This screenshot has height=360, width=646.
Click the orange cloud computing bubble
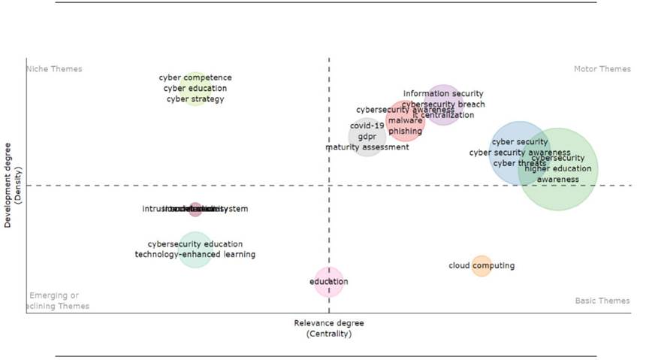[x=481, y=265]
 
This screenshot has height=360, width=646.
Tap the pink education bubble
[x=329, y=282]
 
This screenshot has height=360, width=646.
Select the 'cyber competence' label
[x=195, y=77]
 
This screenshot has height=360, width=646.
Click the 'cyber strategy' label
[x=195, y=99]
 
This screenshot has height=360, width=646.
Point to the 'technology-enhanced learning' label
[x=195, y=255]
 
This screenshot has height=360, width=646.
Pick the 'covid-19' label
[x=367, y=126]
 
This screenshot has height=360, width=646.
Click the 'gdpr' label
[x=367, y=137]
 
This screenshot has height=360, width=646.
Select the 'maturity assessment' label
[x=367, y=147]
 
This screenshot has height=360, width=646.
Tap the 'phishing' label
[x=405, y=132]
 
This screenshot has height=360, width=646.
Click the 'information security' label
[x=443, y=94]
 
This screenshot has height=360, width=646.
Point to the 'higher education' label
[x=557, y=169]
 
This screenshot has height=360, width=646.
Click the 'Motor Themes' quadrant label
[x=602, y=69]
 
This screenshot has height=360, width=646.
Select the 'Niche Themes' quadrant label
[x=54, y=69]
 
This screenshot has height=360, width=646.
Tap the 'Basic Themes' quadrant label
[x=602, y=301]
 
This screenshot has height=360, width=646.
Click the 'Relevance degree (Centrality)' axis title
[x=329, y=328]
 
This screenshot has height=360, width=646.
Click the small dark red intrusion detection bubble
[x=195, y=209]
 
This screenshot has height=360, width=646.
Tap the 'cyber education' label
[x=195, y=89]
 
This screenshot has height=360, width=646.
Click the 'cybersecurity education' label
[x=195, y=244]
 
